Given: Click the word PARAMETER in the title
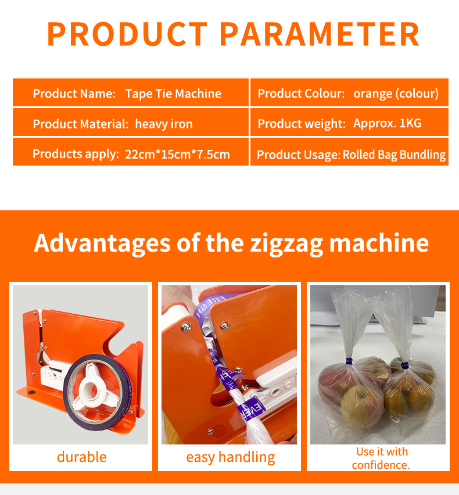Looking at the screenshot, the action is point(319,34).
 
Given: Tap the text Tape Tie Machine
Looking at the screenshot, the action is point(173,94).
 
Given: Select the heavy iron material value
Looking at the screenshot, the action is point(164,124).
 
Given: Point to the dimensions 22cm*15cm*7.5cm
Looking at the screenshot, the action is point(177,155).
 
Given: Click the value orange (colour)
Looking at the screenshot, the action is point(396,94).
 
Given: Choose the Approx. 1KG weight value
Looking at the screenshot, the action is point(388,123).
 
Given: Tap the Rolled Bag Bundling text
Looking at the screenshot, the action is point(394,155).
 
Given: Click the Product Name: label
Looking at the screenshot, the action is point(74,94).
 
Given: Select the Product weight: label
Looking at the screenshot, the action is point(302,124).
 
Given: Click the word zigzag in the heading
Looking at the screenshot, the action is point(286,243).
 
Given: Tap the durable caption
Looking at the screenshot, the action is point(81,457).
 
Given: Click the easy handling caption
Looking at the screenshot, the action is point(231,457).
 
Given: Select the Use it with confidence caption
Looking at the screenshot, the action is point(381,458).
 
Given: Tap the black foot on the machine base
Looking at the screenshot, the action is point(31,393).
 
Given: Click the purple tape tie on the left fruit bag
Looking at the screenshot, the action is point(349,361).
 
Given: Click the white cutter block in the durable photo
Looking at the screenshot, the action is point(56,374).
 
